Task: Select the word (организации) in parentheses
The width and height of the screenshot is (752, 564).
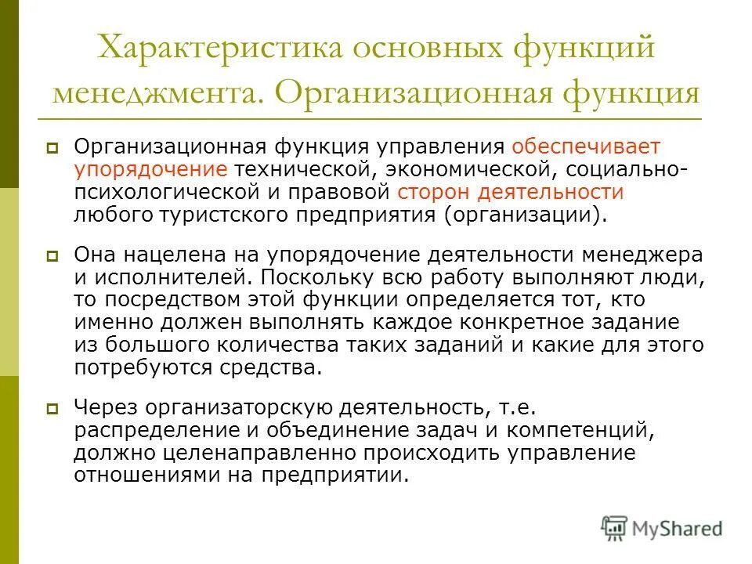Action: (x=526, y=215)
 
